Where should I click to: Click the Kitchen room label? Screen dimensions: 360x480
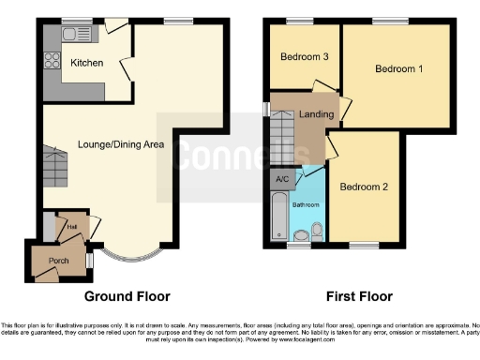click(86, 63)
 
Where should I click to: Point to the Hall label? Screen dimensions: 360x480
click(71, 226)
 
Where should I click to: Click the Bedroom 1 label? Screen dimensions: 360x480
click(398, 69)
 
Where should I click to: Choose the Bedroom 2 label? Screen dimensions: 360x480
click(363, 186)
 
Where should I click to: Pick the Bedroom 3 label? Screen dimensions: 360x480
click(304, 57)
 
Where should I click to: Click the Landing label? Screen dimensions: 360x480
click(316, 114)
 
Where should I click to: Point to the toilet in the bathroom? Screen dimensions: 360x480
click(318, 232)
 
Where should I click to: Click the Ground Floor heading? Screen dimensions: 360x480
click(127, 296)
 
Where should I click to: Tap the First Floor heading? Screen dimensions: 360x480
click(358, 296)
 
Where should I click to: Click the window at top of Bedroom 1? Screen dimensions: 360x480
click(384, 21)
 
